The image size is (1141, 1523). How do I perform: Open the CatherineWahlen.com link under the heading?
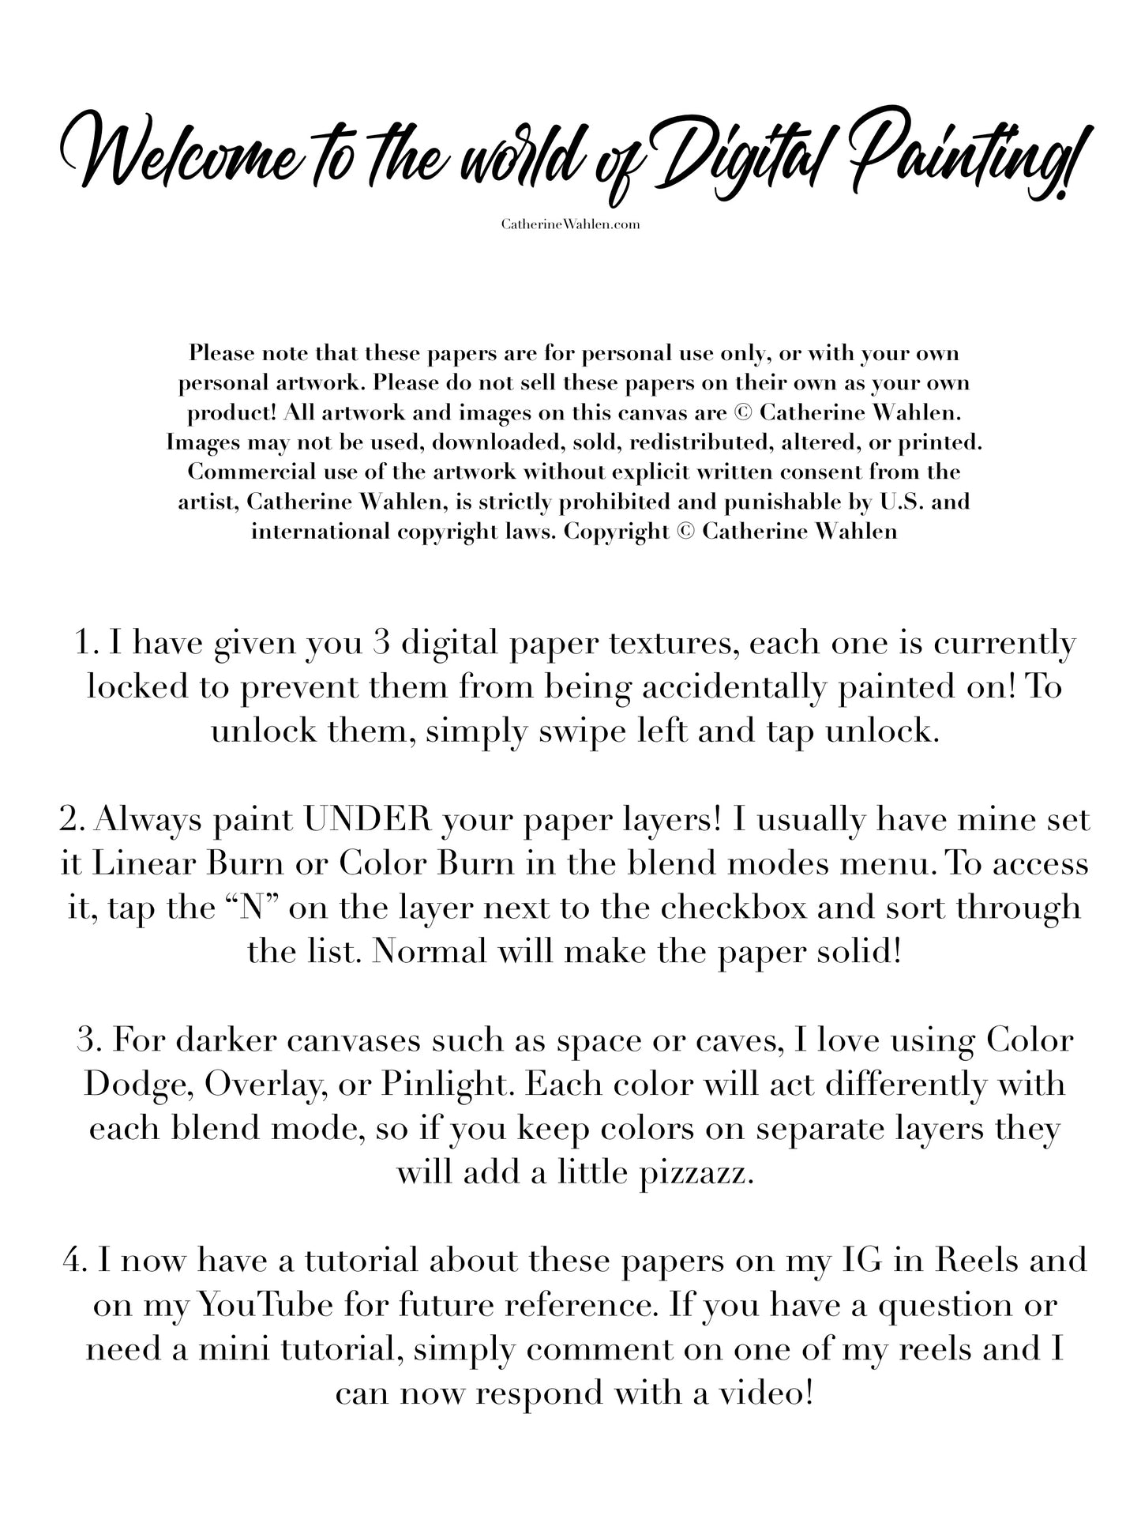click(570, 224)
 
